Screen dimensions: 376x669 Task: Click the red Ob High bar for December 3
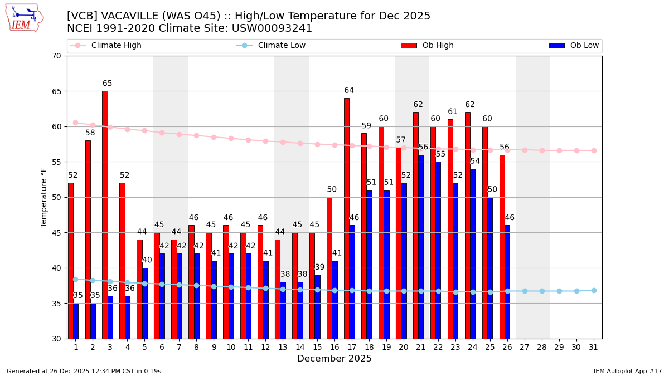click(105, 214)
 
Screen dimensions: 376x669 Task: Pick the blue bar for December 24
click(473, 253)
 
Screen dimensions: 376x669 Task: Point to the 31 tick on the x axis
click(594, 347)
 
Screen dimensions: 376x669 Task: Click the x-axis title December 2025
click(334, 359)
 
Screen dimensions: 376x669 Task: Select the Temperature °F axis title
click(45, 197)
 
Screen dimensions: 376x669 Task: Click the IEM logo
click(24, 18)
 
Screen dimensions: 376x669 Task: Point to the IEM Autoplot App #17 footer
click(628, 371)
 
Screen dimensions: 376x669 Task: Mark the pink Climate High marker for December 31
click(594, 150)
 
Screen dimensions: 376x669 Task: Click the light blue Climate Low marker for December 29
click(559, 291)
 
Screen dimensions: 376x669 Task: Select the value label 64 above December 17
click(349, 91)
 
